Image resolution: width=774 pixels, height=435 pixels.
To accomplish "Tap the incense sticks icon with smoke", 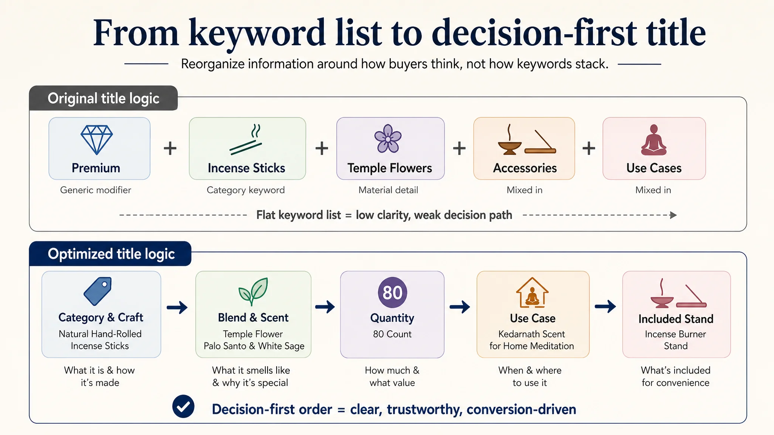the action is coord(246,139).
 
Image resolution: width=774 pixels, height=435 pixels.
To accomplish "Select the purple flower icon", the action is coord(388,139).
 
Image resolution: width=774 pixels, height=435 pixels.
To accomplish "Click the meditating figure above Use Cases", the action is coord(654,140).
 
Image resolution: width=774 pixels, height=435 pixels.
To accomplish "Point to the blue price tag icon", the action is coord(98,291).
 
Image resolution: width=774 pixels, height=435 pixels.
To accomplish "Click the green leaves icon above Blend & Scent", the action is coord(253,292).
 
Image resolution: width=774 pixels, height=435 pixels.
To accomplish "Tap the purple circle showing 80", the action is coord(392,292).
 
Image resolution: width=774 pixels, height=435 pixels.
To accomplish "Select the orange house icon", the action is coord(532,293).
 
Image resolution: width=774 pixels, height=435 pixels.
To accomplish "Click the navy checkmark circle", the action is coord(183,407).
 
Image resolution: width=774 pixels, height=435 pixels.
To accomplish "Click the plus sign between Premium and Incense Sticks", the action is coord(170,148).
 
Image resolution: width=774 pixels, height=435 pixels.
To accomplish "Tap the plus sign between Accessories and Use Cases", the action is coord(589,148).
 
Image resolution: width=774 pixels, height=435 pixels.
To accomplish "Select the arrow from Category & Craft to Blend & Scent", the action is coord(177,307).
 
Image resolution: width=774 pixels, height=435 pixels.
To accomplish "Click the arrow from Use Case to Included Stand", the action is coord(605,306).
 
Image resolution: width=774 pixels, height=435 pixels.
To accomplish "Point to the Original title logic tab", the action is coord(104,98).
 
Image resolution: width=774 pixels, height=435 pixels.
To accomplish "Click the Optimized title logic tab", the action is coord(110,254).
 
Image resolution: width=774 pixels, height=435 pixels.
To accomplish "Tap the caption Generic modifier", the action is coord(96,190).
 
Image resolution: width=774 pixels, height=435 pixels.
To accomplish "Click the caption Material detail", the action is coord(388,190).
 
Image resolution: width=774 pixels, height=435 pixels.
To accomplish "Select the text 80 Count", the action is coord(392,334).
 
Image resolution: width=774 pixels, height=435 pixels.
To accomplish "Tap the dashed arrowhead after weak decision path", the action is coord(673,215).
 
